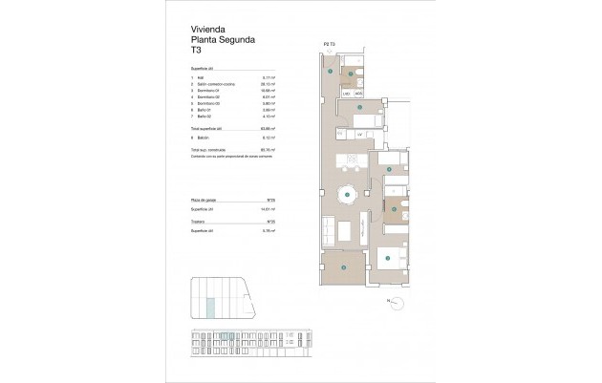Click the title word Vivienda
(x=208, y=31)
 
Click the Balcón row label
(x=205, y=138)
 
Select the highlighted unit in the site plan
(x=212, y=306)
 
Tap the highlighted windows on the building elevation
(x=227, y=335)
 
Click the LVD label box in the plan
(x=346, y=94)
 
